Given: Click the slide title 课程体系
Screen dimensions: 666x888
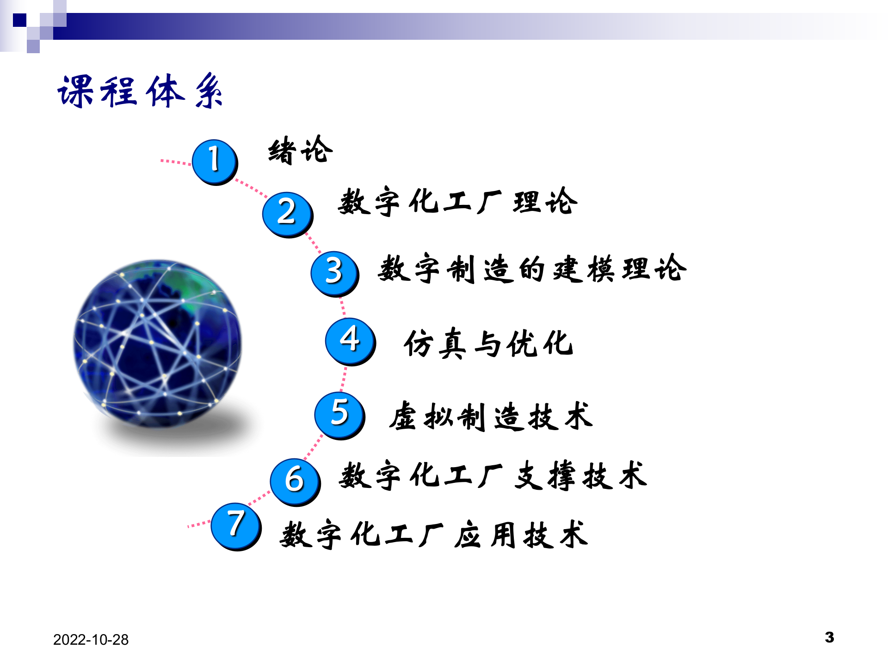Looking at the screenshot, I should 140,91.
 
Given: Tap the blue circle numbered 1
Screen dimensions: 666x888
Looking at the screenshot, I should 214,161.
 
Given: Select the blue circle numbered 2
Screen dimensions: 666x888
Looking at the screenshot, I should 287,214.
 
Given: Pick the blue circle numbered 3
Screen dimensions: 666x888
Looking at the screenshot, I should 334,273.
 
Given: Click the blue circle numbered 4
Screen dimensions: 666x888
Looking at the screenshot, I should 350,341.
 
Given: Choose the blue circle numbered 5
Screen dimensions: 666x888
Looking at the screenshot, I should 339,414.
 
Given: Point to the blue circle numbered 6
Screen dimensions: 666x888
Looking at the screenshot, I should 295,481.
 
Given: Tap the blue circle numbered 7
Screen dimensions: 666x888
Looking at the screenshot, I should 235,526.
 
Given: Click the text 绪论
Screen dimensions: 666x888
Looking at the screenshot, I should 300,150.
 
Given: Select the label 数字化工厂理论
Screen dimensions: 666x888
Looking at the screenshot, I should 457,202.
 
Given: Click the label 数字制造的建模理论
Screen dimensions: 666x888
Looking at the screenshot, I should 532,269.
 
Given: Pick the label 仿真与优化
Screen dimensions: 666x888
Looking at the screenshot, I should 488,344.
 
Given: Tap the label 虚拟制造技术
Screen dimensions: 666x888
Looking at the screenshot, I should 491,416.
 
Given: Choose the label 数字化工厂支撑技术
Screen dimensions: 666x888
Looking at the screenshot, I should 493,476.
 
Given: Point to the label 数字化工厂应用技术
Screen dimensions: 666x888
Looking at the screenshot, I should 434,535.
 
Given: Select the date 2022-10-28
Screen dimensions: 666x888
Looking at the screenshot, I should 91,640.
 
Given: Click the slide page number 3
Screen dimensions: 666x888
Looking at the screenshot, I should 829,637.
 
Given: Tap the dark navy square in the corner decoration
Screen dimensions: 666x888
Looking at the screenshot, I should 19,20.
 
